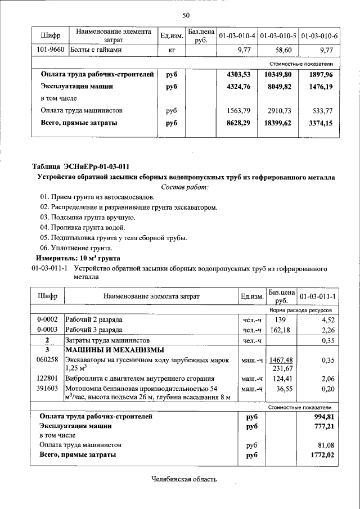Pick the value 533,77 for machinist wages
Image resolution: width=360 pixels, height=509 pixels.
coord(321,111)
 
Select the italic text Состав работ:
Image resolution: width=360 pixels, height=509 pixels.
coord(184,187)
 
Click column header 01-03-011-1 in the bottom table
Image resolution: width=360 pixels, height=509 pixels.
coord(317,296)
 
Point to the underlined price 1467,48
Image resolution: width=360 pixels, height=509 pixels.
coord(281,360)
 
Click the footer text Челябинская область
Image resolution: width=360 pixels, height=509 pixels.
coord(184,479)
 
